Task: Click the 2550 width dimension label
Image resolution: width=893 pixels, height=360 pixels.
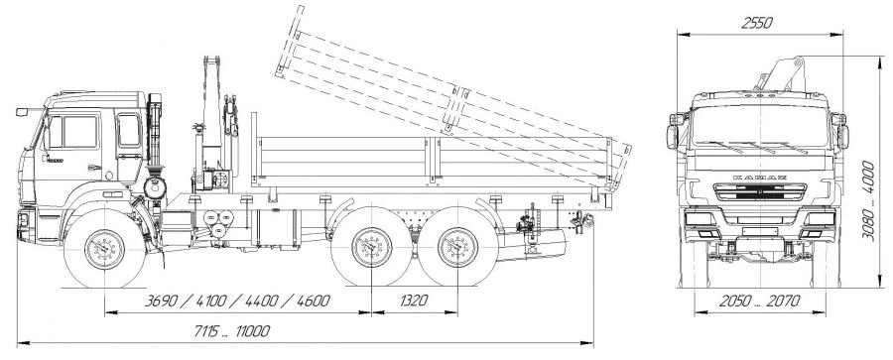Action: point(757,24)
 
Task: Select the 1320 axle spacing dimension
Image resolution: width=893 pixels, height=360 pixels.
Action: point(414,300)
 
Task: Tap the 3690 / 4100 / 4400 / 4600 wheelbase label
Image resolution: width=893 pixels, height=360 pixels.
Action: point(237,300)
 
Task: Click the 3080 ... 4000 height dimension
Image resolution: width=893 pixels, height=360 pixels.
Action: point(868,200)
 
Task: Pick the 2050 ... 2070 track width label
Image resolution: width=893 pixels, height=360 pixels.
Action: point(760,300)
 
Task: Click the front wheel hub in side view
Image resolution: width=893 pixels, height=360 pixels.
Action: point(104,250)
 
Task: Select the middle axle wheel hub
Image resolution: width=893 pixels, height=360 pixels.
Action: point(372,247)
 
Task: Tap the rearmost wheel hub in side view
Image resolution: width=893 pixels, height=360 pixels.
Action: point(457,247)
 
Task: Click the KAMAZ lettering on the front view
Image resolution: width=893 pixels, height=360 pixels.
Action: point(760,178)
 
